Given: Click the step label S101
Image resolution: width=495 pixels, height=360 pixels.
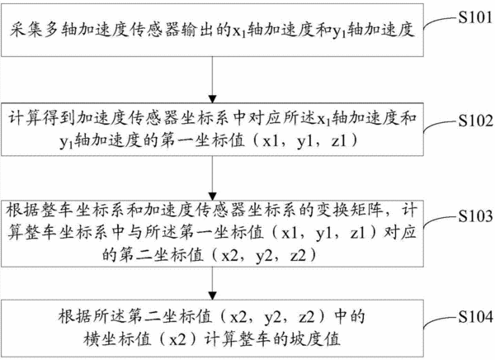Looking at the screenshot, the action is click(476, 17).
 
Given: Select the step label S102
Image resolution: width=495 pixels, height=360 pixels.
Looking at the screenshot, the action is click(476, 121).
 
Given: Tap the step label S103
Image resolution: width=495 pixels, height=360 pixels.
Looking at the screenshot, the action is click(476, 216).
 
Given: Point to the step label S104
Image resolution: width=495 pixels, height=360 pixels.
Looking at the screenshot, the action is click(476, 316).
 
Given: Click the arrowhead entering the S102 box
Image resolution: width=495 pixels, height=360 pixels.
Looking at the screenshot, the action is click(213, 99).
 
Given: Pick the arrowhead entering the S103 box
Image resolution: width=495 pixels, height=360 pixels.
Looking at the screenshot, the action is click(213, 197).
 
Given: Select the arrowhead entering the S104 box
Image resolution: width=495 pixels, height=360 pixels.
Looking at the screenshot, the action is click(213, 296).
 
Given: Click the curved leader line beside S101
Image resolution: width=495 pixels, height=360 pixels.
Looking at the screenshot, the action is click(441, 21).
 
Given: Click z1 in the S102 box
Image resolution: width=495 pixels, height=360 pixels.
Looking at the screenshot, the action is click(340, 140).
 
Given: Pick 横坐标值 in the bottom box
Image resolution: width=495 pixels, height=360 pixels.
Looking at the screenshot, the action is click(117, 339).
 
